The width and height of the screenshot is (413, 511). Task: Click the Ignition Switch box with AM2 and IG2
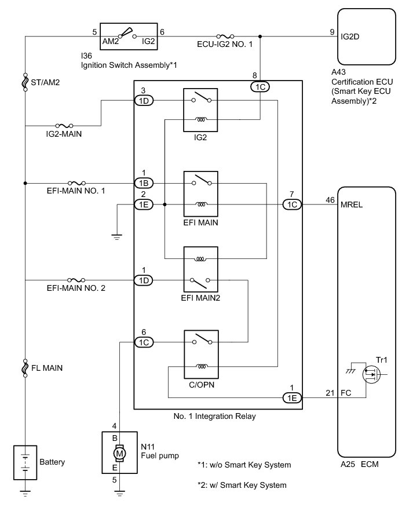(x=129, y=37)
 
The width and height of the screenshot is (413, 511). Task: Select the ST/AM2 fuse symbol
(x=25, y=82)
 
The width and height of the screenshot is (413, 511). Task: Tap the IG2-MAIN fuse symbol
(x=64, y=125)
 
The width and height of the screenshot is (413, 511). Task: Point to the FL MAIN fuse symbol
(x=25, y=367)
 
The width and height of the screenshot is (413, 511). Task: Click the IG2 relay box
(x=200, y=110)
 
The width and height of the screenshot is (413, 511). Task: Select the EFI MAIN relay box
(x=200, y=193)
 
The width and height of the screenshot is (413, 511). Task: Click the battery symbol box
(x=25, y=462)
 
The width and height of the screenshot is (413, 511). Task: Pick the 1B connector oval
(x=143, y=183)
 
